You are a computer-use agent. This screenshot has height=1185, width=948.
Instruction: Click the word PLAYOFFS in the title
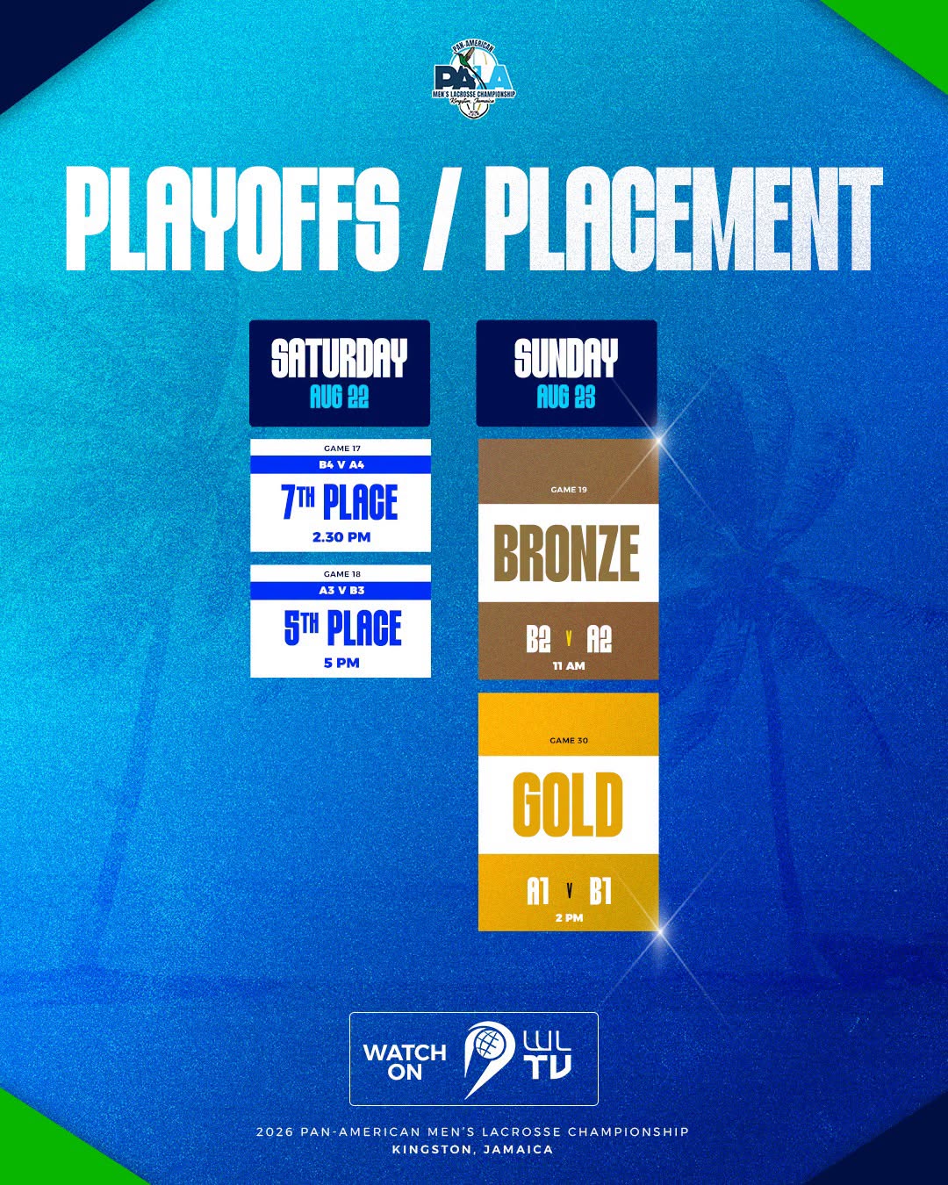tap(232, 218)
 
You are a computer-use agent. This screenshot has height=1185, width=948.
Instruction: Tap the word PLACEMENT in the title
tap(684, 218)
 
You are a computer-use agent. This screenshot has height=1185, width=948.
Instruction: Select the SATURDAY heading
tap(340, 358)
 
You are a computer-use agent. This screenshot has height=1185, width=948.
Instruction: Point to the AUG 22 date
tap(340, 396)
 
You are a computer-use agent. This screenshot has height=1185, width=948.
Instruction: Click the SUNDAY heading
tap(566, 358)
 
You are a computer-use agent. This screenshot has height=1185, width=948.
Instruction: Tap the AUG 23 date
tap(566, 396)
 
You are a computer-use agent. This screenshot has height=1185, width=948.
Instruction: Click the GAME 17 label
tap(342, 449)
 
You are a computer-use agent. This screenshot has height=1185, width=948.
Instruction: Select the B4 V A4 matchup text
tap(341, 464)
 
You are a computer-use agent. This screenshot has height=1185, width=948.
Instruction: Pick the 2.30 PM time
tap(341, 537)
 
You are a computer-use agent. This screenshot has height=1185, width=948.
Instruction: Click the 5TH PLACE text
tap(342, 628)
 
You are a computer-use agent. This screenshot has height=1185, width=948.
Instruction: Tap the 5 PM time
tap(341, 663)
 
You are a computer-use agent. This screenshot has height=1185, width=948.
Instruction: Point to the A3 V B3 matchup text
tap(341, 590)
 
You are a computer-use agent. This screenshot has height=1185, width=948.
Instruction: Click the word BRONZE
tap(567, 553)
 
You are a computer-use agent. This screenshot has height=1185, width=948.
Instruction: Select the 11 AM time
tap(569, 665)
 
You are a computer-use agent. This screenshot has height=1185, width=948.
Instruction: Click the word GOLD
tap(567, 805)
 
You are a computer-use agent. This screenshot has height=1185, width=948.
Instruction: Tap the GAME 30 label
tap(569, 741)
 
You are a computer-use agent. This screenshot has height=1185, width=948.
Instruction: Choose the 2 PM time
tap(570, 918)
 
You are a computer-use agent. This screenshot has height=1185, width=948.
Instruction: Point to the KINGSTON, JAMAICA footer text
tap(472, 1150)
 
